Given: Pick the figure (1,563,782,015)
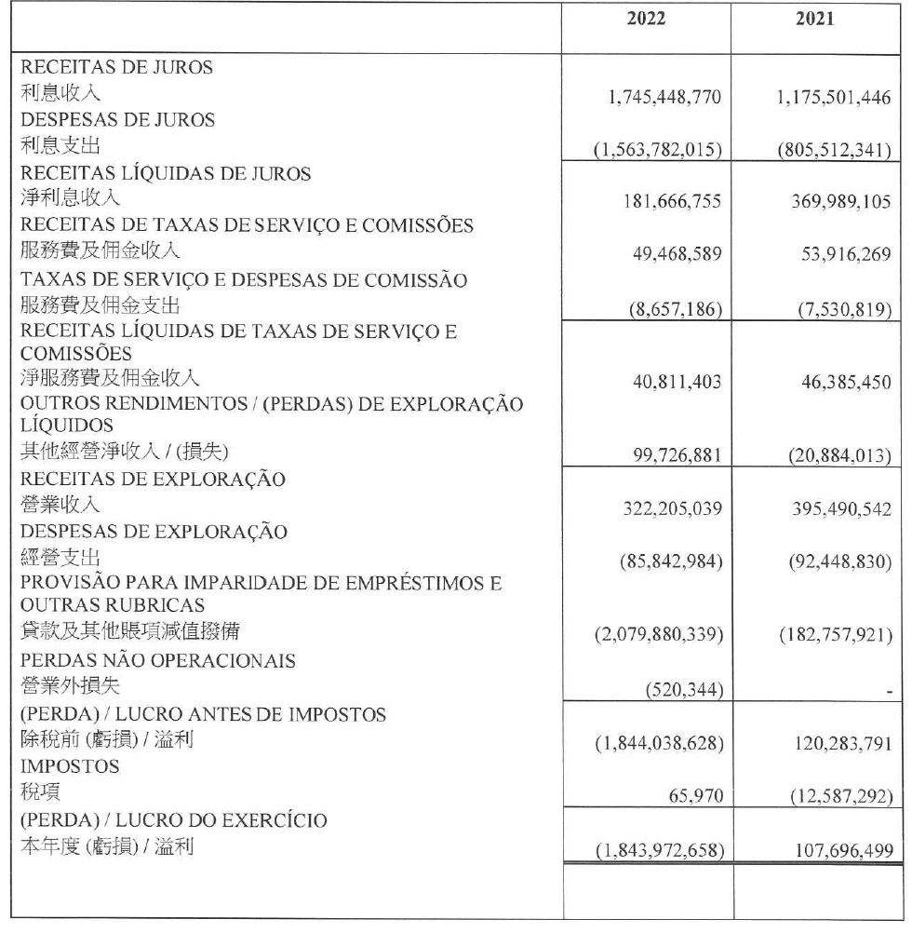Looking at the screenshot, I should pos(658,150).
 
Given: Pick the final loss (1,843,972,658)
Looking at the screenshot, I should pos(658,850).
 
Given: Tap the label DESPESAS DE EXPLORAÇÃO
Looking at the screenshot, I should pos(154,533).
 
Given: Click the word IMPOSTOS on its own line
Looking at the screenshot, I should pos(69,766).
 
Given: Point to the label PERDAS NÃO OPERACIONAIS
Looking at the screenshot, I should pos(158,661).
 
